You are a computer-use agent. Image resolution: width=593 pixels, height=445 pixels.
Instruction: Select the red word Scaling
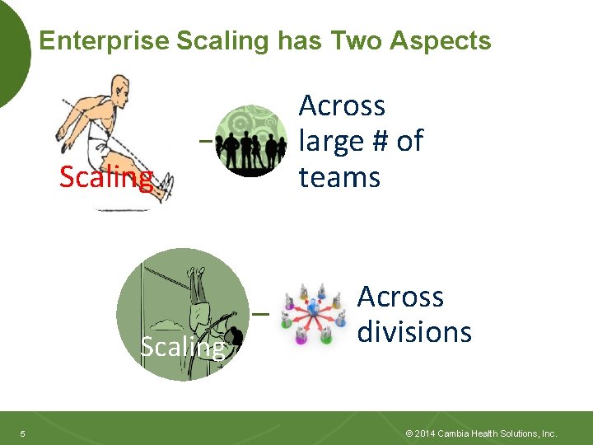(106, 176)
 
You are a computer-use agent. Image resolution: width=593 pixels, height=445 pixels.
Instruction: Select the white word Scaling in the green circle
(182, 347)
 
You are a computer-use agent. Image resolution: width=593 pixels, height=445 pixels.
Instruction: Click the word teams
(339, 177)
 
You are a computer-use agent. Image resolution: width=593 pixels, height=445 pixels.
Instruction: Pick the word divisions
(414, 332)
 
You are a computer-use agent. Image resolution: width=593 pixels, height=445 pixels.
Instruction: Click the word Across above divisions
(400, 297)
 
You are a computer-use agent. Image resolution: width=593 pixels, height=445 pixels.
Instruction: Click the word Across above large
(342, 105)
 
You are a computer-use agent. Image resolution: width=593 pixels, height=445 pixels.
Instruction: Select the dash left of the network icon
(260, 315)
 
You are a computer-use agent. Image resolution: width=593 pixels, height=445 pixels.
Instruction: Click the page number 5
(23, 433)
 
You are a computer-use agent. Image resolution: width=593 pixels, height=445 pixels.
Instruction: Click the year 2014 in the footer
(425, 433)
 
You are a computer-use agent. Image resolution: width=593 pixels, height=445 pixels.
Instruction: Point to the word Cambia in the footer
(455, 433)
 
